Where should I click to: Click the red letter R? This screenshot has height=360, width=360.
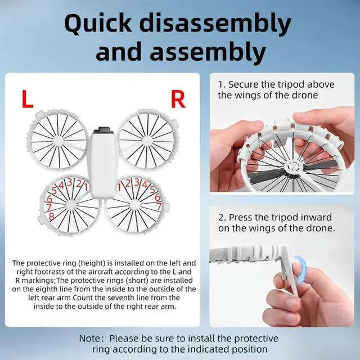coord(178,99)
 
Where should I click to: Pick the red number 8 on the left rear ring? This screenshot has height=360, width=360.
coord(52,216)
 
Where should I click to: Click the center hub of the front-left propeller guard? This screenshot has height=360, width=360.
coord(58,139)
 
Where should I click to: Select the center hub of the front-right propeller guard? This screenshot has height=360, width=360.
coord(147,139)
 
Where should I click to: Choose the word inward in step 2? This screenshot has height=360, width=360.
coord(317,217)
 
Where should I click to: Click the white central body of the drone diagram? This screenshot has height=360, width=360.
coord(102,166)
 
